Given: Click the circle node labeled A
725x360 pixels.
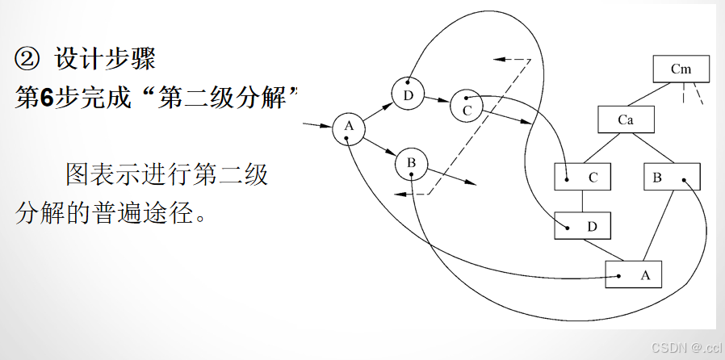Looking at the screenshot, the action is point(349,128).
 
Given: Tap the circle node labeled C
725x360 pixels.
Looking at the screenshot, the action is point(466,106).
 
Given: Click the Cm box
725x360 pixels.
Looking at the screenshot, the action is point(681,69).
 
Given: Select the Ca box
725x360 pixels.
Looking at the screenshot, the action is point(625,120).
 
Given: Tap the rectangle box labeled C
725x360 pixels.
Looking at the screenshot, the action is point(583,177).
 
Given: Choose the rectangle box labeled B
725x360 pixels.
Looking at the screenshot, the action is point(672,177).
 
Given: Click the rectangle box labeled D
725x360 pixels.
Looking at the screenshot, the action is point(583,226).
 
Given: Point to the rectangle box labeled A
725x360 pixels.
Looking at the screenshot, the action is point(633,274).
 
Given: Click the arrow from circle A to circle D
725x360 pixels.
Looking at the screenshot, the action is point(377,111).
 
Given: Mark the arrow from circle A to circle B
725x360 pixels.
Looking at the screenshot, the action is point(379,146).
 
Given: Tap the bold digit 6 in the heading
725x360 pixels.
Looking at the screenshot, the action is point(46,98).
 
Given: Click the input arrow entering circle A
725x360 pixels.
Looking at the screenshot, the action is point(316,126).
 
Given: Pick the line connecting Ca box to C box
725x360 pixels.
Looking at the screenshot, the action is point(604,149).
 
